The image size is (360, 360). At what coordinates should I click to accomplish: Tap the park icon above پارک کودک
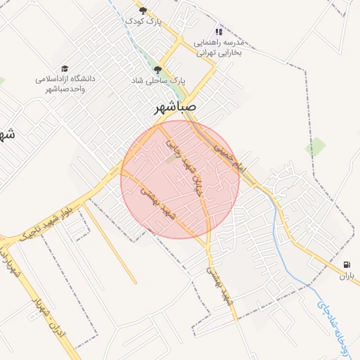tap(143, 11)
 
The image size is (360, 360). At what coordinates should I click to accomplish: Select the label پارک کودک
tap(143, 22)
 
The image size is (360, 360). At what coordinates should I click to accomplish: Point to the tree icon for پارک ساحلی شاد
tap(157, 70)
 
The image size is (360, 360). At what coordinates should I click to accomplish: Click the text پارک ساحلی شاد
tap(157, 81)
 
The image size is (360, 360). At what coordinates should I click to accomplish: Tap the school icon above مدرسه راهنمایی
tap(219, 31)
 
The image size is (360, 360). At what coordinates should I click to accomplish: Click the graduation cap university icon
tap(65, 68)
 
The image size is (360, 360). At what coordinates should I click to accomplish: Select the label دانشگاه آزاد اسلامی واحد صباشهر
tap(65, 84)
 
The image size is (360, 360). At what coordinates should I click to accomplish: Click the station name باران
tap(345, 276)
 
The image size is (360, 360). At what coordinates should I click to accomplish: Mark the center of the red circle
tap(180, 179)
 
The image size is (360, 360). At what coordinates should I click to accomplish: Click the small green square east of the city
tap(316, 147)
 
